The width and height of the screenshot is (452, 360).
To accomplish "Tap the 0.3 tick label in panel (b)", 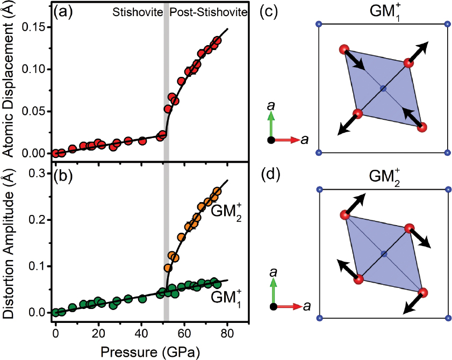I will point(40,173).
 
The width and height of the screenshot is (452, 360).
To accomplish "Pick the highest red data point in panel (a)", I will point(217,41).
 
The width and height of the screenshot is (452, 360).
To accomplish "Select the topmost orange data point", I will point(217,191).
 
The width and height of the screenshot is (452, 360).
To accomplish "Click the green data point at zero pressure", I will point(55,312).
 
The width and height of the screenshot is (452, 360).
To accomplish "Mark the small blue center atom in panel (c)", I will point(383,88).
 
